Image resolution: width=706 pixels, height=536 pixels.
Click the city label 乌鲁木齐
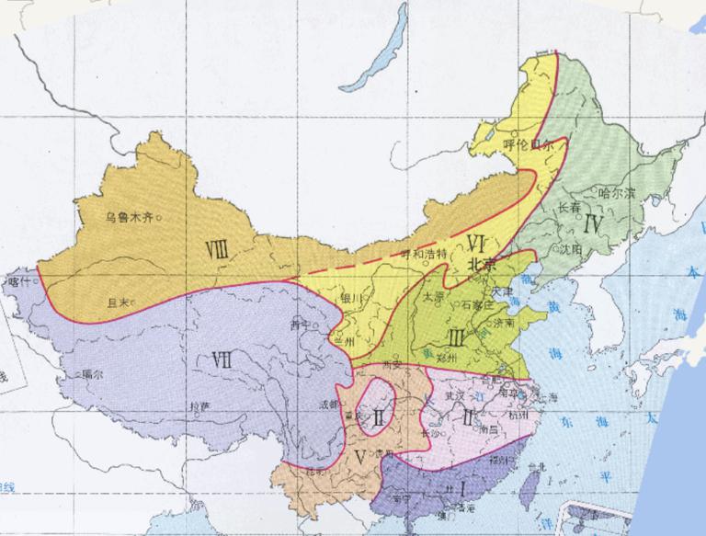pos(128,218)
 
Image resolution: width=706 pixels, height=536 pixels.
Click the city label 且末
pos(116,301)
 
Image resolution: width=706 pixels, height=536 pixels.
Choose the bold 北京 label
pos(483,263)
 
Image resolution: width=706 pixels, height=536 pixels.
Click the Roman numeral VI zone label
pos(475,244)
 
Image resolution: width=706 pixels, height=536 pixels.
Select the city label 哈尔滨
pos(616,194)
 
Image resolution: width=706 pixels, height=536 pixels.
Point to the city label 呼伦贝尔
pos(528,144)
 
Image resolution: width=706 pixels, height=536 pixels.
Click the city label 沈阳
pos(572,249)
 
